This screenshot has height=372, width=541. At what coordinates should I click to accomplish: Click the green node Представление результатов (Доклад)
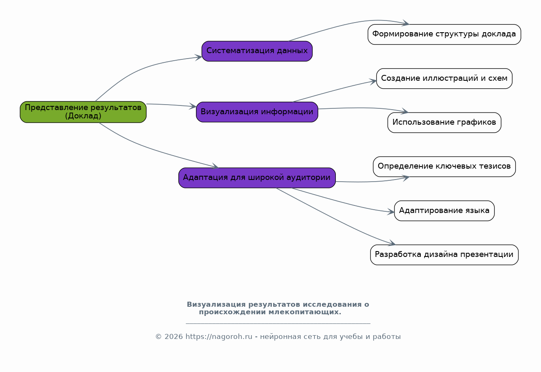(x=83, y=112)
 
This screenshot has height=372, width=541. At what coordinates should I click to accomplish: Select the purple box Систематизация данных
(x=257, y=51)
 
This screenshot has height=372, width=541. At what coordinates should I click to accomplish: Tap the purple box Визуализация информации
(x=257, y=112)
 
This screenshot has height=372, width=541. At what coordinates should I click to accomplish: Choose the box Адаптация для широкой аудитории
(x=257, y=178)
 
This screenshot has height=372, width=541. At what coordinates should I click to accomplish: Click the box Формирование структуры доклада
(x=444, y=34)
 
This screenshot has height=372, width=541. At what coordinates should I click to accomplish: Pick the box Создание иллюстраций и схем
(x=444, y=78)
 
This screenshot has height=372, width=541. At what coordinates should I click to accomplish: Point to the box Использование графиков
(x=444, y=123)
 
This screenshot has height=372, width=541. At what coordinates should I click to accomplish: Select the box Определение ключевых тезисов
(x=444, y=167)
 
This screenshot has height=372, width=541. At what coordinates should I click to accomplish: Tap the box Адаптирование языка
(x=444, y=211)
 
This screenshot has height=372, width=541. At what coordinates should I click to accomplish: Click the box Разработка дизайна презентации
(x=444, y=255)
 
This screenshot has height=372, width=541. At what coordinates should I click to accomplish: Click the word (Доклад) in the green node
(x=83, y=116)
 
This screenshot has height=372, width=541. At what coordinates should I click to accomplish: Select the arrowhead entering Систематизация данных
(x=198, y=57)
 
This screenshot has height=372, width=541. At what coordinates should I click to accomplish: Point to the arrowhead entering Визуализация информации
(x=193, y=106)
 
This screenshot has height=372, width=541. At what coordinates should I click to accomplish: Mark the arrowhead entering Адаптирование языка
(x=391, y=212)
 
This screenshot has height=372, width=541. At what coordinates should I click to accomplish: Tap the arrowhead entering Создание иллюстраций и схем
(x=373, y=81)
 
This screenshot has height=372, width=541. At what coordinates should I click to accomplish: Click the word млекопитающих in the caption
(x=305, y=312)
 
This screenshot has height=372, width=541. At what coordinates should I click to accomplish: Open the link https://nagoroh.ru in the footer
(x=219, y=336)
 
